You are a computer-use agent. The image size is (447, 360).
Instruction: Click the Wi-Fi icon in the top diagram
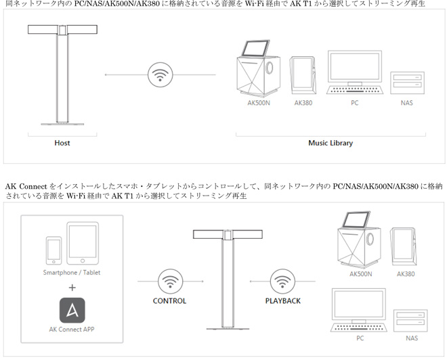click(161, 75)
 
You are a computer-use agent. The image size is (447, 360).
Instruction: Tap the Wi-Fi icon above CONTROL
click(171, 282)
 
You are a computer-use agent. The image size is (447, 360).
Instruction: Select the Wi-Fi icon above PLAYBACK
click(282, 282)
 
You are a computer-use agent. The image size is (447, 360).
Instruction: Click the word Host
click(62, 143)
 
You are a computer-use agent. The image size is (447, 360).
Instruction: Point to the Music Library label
click(331, 143)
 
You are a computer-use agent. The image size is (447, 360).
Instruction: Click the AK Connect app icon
click(72, 311)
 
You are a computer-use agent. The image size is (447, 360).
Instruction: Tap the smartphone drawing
click(54, 250)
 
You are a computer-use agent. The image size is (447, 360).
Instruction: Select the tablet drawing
click(83, 244)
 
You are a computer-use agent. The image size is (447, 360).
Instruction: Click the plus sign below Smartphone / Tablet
click(72, 288)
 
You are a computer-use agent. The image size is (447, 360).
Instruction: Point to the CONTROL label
click(169, 301)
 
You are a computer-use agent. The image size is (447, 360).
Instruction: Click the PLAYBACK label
click(283, 301)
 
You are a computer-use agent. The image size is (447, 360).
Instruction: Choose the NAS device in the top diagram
click(407, 83)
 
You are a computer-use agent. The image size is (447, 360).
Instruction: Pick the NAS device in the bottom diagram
click(410, 321)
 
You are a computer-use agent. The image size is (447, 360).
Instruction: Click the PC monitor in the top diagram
click(355, 68)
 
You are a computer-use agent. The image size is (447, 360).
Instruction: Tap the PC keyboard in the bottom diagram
click(359, 328)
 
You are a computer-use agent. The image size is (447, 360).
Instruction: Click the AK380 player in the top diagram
click(303, 75)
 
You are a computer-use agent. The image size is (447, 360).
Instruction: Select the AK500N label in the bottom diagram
click(360, 274)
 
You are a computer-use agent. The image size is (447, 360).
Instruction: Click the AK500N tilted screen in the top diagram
click(256, 48)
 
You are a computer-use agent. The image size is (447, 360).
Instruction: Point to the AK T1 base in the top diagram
click(62, 124)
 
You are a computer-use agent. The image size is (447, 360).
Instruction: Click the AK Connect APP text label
click(72, 330)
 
